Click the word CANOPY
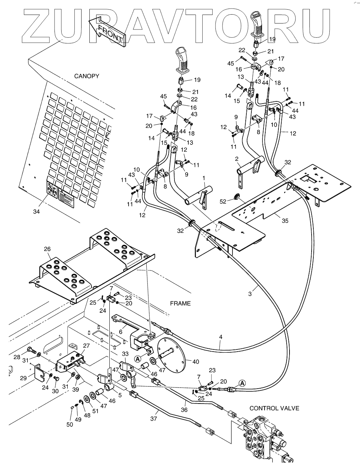pyautogui.click(x=87, y=76)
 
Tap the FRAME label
pyautogui.click(x=180, y=304)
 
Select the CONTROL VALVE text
pyautogui.click(x=274, y=408)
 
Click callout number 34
pyautogui.click(x=36, y=212)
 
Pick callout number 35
pyautogui.click(x=285, y=221)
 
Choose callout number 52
pyautogui.click(x=223, y=201)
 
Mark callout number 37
pyautogui.click(x=153, y=419)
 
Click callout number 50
pyautogui.click(x=70, y=424)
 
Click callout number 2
pyautogui.click(x=236, y=159)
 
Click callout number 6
pyautogui.click(x=120, y=331)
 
